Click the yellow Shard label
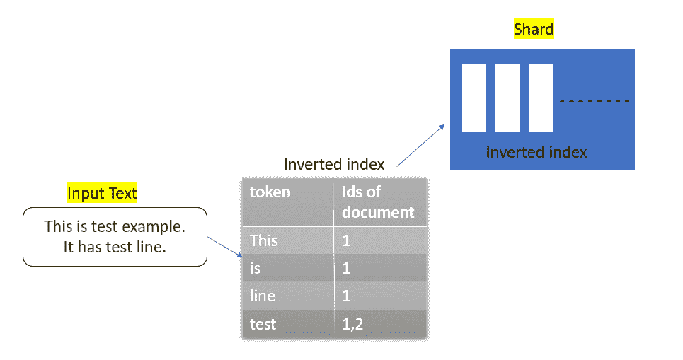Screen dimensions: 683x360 pos(534,29)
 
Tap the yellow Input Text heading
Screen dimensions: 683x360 pos(102,193)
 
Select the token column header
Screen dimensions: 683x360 pos(287,202)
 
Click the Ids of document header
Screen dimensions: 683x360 pos(380,202)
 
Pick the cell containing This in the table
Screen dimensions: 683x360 pos(287,240)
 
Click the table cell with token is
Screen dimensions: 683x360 pos(287,268)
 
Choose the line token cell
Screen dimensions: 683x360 pos(287,296)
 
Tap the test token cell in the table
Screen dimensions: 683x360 pos(287,323)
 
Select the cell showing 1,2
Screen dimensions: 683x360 pos(380,323)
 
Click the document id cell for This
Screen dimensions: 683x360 pos(380,240)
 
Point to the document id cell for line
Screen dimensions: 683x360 pos(380,296)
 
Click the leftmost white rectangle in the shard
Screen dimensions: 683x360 pos(474,98)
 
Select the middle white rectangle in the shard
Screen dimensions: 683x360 pos(507,98)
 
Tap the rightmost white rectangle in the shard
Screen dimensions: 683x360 pos(541,98)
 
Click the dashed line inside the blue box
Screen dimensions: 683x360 pos(595,101)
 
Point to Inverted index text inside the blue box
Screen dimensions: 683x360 pos(536,152)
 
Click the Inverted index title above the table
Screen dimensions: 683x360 pos(334,164)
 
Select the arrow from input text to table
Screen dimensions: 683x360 pos(225,248)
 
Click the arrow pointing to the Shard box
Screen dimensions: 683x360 pos(421,146)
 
